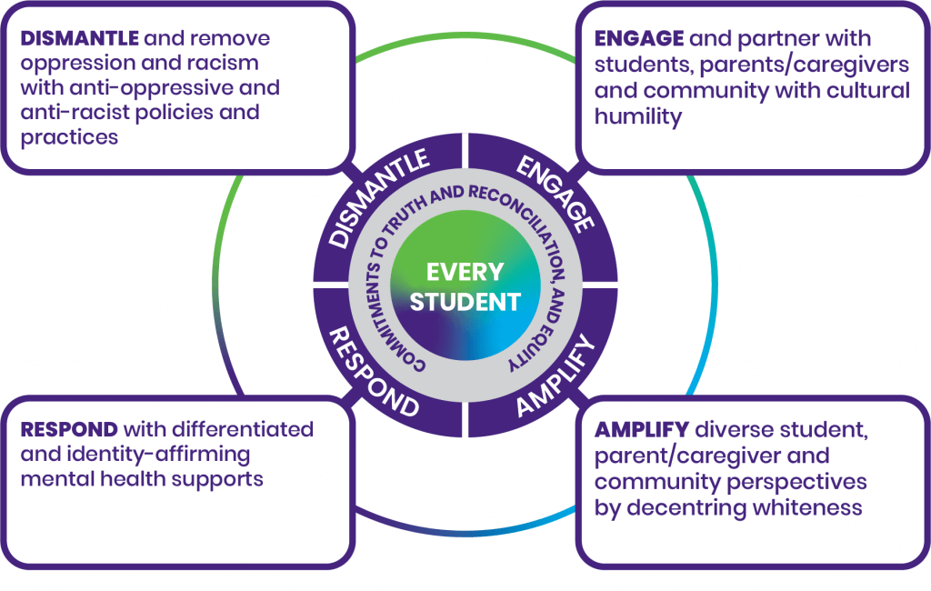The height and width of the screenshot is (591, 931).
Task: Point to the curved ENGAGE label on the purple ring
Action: (x=555, y=195)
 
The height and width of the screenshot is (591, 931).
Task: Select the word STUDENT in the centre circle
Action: (x=465, y=302)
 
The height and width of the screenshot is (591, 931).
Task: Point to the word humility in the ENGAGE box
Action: (x=638, y=116)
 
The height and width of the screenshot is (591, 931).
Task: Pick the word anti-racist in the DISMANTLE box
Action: (x=68, y=114)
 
